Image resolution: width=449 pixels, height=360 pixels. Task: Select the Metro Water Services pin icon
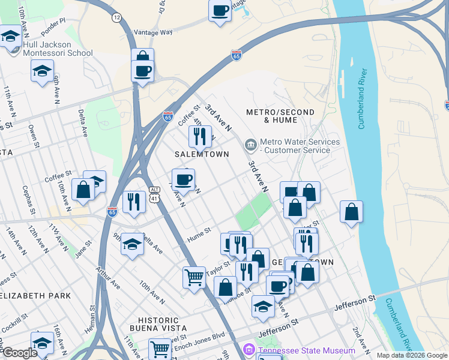(250, 145)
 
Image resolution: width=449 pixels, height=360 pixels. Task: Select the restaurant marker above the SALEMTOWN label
(200, 136)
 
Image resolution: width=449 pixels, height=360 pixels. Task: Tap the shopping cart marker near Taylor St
(194, 277)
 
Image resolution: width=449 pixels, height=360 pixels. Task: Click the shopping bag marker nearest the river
(351, 212)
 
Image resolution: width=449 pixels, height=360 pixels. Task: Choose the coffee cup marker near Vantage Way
(220, 10)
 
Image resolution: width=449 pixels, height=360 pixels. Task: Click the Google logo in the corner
(20, 353)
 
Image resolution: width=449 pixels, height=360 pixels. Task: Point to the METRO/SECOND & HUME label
(280, 116)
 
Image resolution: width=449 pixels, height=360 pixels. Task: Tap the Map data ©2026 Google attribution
(411, 355)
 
